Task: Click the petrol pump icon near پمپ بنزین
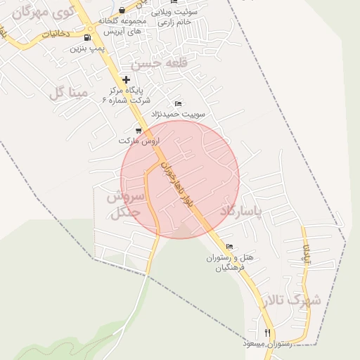click(86, 37)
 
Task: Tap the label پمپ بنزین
click(86, 49)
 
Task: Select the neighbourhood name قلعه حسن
click(162, 63)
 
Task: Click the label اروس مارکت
click(137, 141)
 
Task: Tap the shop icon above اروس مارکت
click(138, 130)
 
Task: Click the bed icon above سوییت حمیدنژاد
click(177, 104)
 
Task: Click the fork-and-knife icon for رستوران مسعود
click(267, 332)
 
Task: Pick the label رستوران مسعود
click(267, 343)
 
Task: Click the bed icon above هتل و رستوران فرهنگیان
click(229, 247)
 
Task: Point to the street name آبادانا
click(306, 255)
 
